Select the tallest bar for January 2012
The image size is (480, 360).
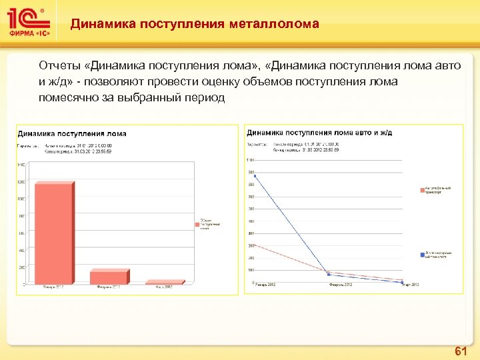tap(53, 233)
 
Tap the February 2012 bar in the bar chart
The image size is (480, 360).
tap(108, 277)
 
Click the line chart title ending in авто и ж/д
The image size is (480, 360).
tap(319, 133)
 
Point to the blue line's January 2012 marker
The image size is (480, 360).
tap(255, 175)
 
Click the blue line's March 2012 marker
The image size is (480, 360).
tap(403, 283)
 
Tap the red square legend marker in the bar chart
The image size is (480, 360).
tap(197, 225)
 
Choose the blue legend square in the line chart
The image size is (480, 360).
tap(423, 254)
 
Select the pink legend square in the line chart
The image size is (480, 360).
tap(423, 190)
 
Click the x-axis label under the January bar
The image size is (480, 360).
tap(53, 287)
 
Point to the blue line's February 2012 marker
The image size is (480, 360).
tap(329, 274)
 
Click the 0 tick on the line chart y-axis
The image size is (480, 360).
tap(252, 283)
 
